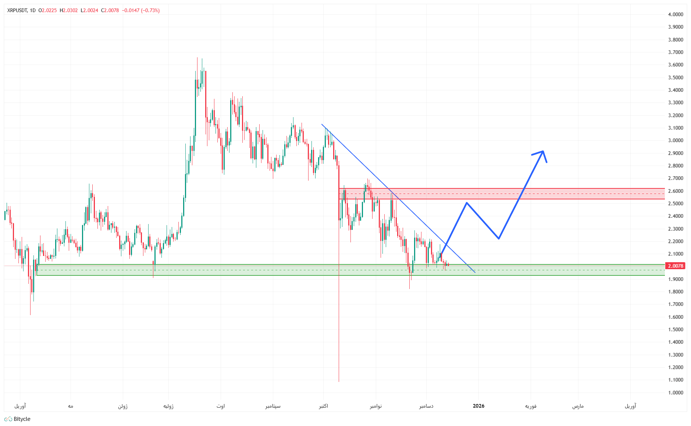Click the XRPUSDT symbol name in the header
tap(17, 11)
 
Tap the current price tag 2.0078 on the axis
tap(675, 266)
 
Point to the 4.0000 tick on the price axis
tap(676, 14)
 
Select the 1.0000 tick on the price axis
tap(676, 393)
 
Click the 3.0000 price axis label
tap(676, 140)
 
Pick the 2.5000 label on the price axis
tap(676, 203)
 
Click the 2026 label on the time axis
tap(478, 406)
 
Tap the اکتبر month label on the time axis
tap(323, 406)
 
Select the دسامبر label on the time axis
tap(426, 406)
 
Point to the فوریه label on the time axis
tap(531, 406)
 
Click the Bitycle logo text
tap(22, 419)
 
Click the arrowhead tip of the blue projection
tap(543, 151)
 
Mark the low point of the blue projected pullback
tap(499, 239)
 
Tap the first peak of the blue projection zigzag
tap(466, 203)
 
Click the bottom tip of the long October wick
tap(339, 382)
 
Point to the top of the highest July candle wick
tap(197, 58)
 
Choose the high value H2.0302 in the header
tap(69, 11)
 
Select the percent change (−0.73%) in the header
tap(150, 11)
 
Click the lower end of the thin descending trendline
tap(475, 272)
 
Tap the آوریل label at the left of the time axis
tap(20, 406)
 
